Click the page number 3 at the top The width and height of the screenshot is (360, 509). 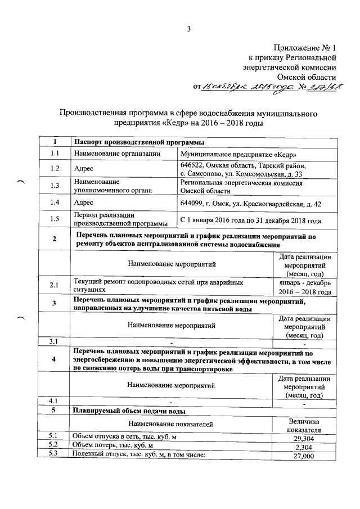[189, 29]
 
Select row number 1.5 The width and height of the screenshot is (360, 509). [54, 219]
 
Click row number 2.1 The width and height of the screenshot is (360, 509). [54, 286]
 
